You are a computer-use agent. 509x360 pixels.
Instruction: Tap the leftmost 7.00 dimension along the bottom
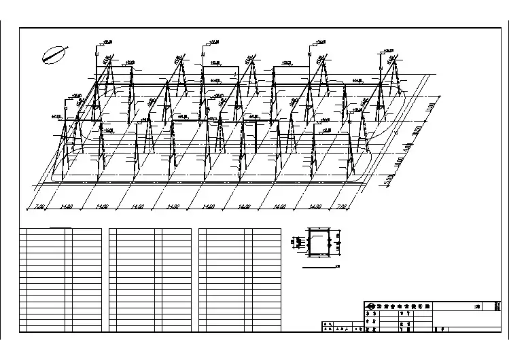click(39, 206)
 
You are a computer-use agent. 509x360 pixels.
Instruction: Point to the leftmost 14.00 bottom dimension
click(67, 206)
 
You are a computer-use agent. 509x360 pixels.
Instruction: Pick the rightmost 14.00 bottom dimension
click(313, 206)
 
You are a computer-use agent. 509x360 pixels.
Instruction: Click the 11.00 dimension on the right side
click(429, 107)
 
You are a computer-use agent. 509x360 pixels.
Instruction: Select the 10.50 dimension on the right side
click(418, 129)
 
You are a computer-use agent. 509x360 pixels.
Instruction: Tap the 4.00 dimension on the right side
click(407, 146)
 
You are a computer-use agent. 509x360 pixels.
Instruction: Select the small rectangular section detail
click(317, 242)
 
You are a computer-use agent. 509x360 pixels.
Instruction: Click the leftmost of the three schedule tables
click(60, 279)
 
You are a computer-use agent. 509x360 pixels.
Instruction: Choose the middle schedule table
click(150, 279)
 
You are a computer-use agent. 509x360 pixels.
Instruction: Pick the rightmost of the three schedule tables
click(240, 279)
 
